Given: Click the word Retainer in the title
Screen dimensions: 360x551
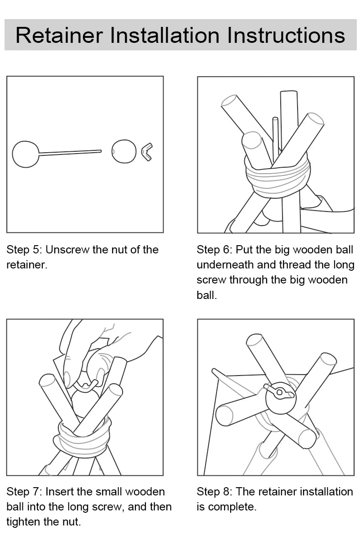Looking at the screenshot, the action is (59, 36).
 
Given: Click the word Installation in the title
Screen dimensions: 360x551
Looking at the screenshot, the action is (165, 36).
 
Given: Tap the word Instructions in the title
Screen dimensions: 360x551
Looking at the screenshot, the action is (286, 36).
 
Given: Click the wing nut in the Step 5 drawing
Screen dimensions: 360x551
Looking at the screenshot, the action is (147, 152).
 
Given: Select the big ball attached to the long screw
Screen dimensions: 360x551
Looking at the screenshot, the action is (26, 154).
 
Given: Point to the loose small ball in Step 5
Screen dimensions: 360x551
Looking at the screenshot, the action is (123, 151).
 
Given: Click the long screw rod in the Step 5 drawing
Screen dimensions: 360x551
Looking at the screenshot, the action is (70, 153).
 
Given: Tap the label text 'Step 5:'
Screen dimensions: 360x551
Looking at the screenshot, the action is (24, 250).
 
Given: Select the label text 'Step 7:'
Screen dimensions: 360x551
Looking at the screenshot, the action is (24, 491).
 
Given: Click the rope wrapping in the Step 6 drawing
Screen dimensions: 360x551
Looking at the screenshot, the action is (278, 180).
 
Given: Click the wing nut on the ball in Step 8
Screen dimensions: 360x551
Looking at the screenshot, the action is (279, 391).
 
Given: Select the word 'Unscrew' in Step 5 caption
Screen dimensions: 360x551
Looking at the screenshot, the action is (67, 250).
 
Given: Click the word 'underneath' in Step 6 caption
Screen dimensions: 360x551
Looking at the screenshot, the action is (225, 265).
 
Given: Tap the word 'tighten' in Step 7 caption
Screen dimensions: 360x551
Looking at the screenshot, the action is (24, 522).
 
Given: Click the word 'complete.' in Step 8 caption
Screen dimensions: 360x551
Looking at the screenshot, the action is (232, 507).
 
